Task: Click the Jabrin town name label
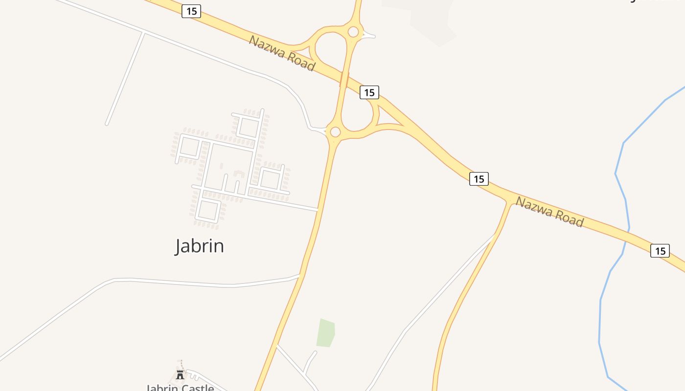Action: click(x=199, y=245)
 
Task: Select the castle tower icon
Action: click(x=180, y=375)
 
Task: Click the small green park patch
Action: click(x=325, y=333)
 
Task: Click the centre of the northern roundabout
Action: click(x=353, y=32)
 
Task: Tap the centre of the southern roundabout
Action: click(x=335, y=132)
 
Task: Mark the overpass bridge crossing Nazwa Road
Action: click(x=344, y=80)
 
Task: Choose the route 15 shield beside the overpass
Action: click(x=369, y=92)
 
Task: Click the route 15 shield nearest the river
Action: click(x=660, y=251)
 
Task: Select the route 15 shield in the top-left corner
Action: click(x=191, y=11)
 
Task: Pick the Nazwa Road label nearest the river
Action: click(x=549, y=212)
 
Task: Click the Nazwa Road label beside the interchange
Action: click(x=281, y=53)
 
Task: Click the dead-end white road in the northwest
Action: click(x=125, y=78)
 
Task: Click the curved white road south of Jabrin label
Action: click(x=196, y=282)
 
